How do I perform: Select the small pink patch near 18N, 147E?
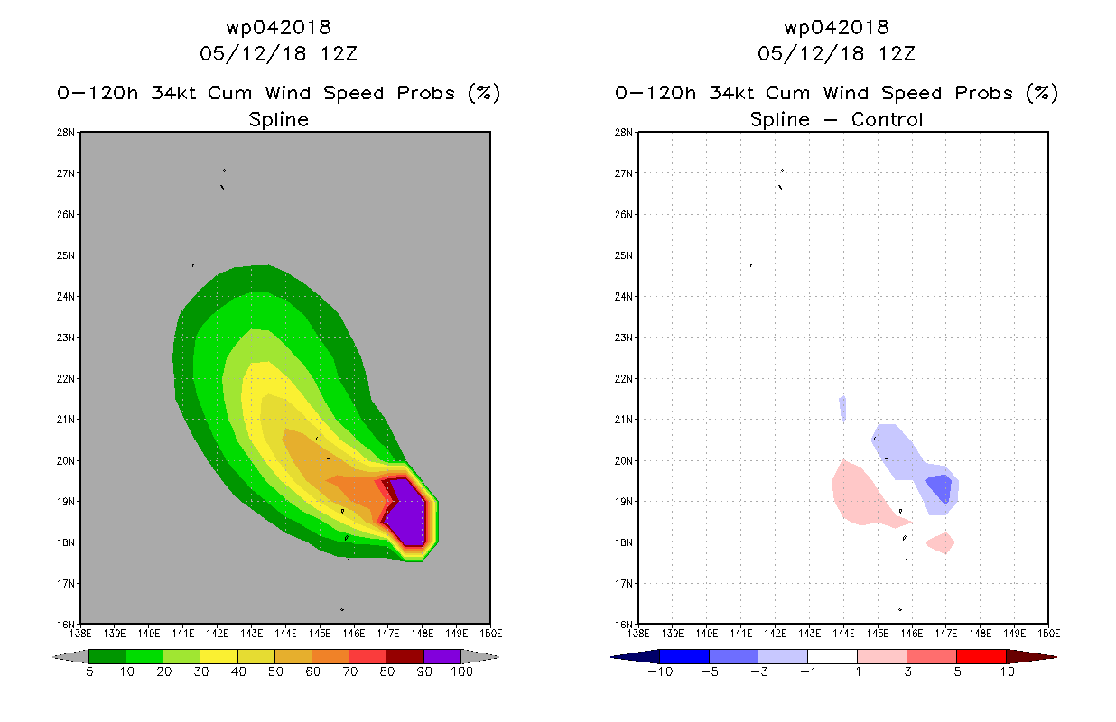point(941,543)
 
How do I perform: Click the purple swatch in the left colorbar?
point(442,656)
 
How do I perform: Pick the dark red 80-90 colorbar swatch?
point(405,656)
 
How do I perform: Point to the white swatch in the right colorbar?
point(832,656)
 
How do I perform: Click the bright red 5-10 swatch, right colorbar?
point(980,656)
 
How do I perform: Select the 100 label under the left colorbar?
point(461,672)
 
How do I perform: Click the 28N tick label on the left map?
point(66,133)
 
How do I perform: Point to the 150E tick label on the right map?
point(1047,632)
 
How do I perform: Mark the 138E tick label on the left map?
point(81,632)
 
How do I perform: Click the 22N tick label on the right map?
point(624,378)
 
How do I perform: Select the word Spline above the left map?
point(278,119)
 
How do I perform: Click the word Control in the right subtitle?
point(888,119)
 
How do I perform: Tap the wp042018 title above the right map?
point(836,28)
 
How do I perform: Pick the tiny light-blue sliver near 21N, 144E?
point(842,408)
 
